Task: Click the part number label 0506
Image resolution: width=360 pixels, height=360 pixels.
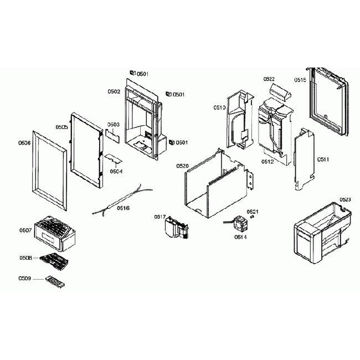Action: [24, 143]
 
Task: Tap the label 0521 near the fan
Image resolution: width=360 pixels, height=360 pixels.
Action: [253, 212]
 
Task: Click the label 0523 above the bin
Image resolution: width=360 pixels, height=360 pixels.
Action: [345, 199]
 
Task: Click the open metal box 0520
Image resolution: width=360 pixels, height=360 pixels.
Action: [216, 183]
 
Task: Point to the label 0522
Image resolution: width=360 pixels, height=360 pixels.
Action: [269, 79]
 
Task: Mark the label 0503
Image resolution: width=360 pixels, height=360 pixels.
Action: [113, 125]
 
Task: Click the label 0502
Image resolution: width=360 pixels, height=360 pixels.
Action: [114, 91]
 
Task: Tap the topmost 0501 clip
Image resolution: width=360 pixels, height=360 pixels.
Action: [133, 73]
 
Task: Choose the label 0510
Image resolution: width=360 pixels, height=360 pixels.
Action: [219, 108]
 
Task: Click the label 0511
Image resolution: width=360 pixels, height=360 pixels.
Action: [323, 160]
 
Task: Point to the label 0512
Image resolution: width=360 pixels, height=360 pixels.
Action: [268, 162]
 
